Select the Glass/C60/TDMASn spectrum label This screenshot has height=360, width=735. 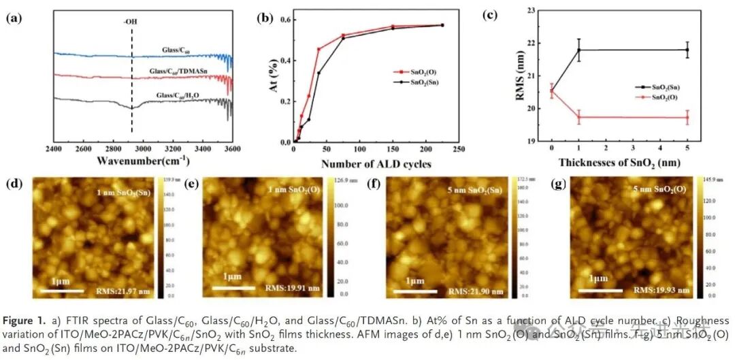click(x=180, y=70)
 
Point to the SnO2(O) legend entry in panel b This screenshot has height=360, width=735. click(x=419, y=70)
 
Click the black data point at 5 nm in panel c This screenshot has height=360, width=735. click(x=687, y=50)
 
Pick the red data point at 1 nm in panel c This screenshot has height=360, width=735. click(x=578, y=117)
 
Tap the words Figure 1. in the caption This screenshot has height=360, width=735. click(x=25, y=319)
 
